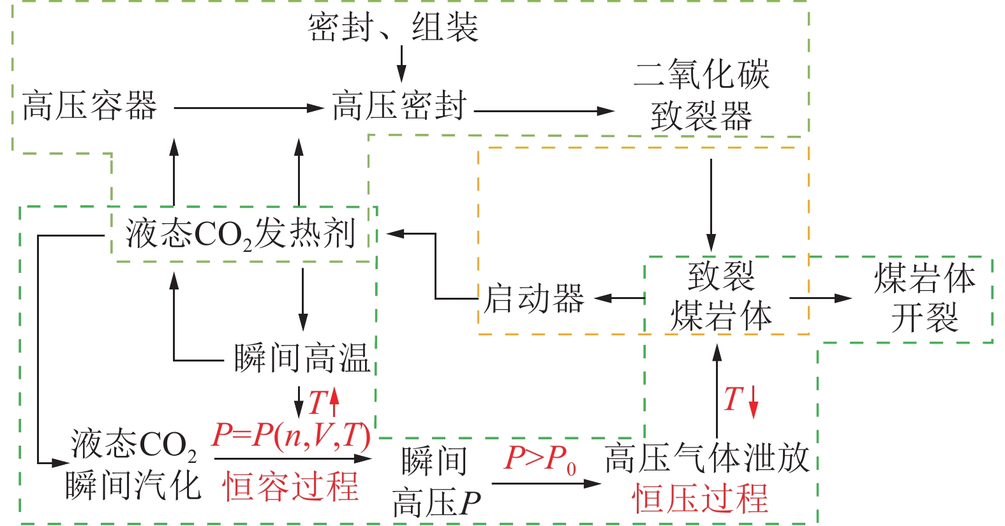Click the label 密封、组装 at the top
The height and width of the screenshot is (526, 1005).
[393, 27]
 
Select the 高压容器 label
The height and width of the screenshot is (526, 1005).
[90, 106]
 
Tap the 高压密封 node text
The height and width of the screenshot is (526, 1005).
[399, 106]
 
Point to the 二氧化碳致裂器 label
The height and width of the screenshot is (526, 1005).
[702, 95]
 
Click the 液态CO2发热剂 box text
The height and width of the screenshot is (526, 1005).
[241, 233]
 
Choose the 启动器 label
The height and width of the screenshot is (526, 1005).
[533, 298]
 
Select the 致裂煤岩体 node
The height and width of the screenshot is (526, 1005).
[721, 296]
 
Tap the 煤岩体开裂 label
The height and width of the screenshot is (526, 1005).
[925, 298]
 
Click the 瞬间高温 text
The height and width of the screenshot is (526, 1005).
[302, 358]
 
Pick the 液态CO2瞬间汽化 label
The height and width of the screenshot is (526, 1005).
[133, 465]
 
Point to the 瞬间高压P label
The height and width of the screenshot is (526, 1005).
[436, 482]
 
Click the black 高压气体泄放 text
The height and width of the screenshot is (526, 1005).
[707, 458]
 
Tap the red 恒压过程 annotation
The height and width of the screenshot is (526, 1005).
[700, 499]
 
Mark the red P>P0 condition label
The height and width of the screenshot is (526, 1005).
[540, 459]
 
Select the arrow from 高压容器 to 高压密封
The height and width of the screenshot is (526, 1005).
[249, 108]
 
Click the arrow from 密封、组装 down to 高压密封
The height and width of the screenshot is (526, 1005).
[401, 64]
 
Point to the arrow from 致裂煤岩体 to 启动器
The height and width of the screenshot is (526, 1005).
[619, 298]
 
